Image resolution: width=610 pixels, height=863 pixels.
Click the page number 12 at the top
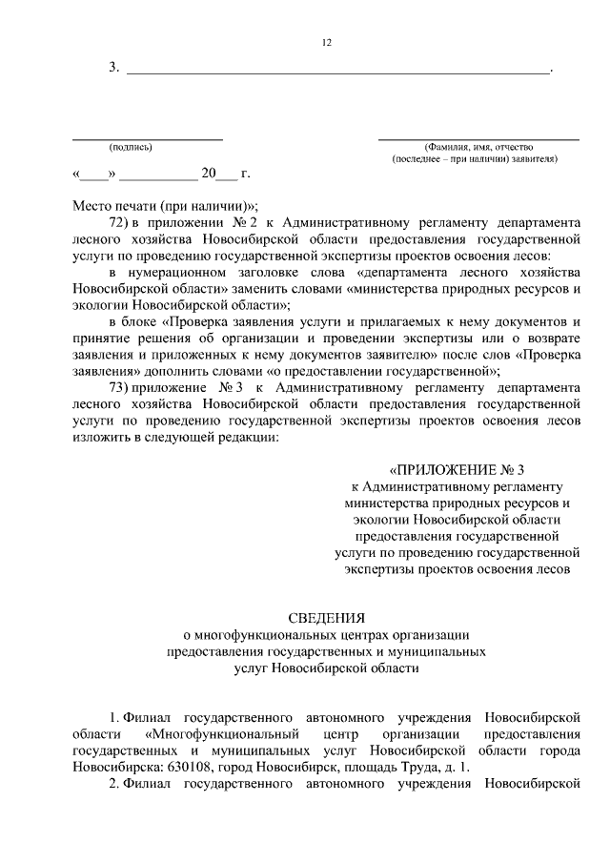[x=326, y=43]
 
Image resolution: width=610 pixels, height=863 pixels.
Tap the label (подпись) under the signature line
[x=131, y=147]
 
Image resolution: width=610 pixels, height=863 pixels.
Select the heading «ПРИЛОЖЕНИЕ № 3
[x=457, y=470]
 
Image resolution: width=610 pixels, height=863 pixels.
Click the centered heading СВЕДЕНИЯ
[x=326, y=617]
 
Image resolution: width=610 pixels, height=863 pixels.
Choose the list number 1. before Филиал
[x=113, y=716]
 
